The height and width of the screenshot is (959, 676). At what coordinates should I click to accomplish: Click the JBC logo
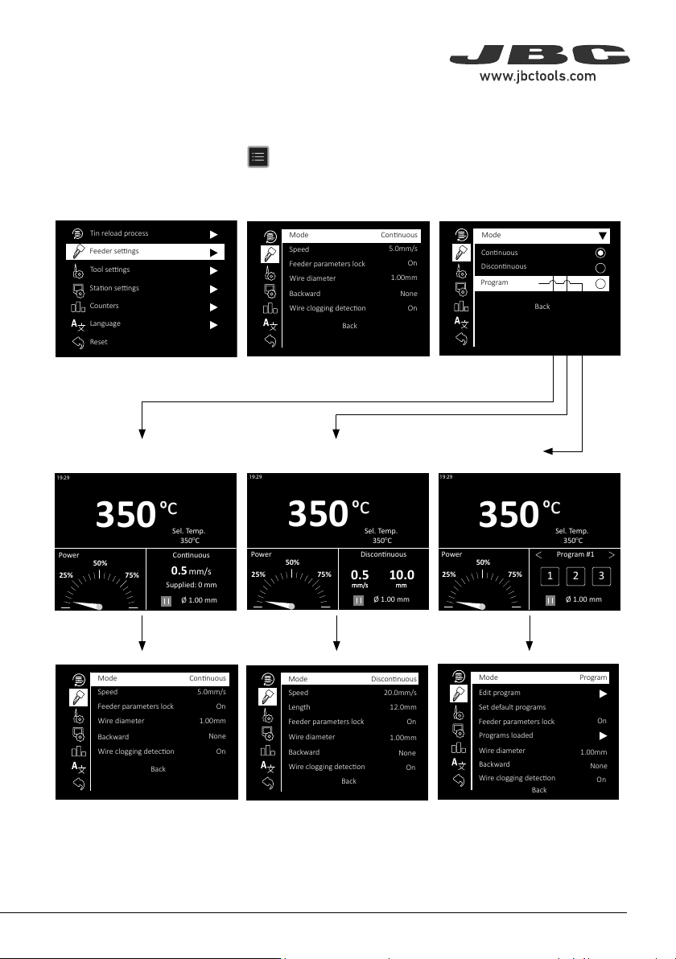539,55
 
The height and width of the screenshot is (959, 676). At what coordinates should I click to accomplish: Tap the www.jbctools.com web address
538,76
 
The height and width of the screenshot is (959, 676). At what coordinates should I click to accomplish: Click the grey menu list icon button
258,157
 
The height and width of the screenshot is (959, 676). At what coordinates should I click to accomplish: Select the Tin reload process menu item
118,233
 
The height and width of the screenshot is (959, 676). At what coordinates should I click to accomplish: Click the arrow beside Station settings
213,289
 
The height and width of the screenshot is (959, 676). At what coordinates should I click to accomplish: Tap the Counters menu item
104,306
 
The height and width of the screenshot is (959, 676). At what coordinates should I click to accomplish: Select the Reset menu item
98,342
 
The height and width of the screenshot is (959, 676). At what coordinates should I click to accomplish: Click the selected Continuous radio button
600,253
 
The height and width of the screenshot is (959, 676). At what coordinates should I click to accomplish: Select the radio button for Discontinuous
600,268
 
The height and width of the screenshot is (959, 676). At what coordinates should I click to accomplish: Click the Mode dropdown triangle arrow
603,236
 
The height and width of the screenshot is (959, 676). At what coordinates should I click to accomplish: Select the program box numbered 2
575,575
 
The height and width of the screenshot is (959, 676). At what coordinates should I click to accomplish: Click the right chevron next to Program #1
611,555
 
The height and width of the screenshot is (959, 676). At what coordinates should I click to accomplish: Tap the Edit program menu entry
499,693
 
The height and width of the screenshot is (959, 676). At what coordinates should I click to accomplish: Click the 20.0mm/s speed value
400,693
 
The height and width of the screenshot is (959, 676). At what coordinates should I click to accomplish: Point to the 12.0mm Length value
404,707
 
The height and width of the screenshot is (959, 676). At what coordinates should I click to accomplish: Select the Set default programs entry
512,707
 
